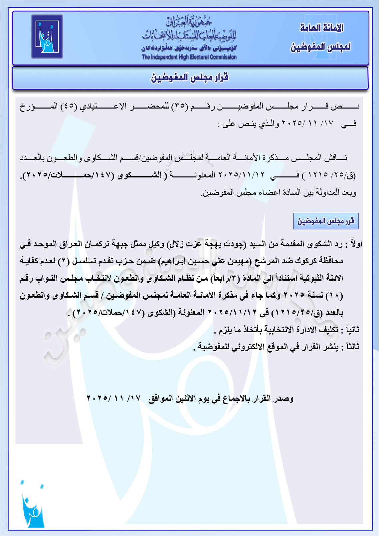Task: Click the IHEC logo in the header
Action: pos(47,36)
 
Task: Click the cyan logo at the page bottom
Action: pos(32,504)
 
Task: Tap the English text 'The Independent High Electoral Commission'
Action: pos(189,57)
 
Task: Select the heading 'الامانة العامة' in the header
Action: pos(321,28)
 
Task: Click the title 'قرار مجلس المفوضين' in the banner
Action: pos(190,78)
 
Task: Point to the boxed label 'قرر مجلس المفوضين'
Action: pos(325,221)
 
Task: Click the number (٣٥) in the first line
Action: pos(180,107)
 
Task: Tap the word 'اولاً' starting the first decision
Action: pos(355,244)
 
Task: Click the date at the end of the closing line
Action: pos(113,398)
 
